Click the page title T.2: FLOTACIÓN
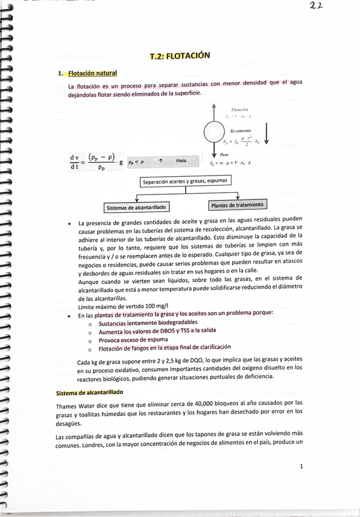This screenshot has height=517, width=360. tap(180, 55)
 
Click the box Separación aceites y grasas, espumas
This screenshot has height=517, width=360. tap(185, 181)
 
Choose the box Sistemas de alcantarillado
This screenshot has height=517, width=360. tap(138, 207)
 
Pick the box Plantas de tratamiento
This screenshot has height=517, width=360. tap(237, 205)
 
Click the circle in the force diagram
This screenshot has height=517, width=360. tap(214, 131)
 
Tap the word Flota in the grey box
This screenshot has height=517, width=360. tap(181, 161)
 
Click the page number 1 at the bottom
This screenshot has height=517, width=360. tap(301, 466)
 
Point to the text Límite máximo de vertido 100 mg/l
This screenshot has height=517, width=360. tap(123, 305)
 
